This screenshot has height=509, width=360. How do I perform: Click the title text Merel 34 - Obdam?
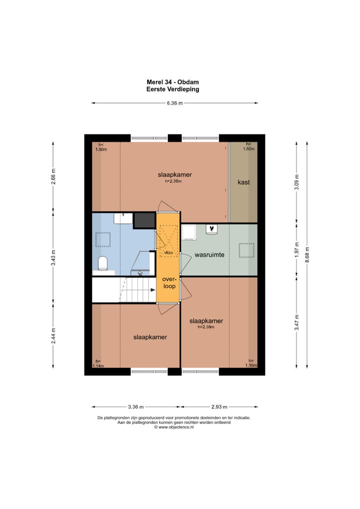point(172,82)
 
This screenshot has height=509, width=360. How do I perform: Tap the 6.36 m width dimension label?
point(174,103)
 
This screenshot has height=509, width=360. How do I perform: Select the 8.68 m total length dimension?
point(307,255)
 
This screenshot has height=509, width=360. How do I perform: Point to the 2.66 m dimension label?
point(53,176)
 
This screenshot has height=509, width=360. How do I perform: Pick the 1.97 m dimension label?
point(296,250)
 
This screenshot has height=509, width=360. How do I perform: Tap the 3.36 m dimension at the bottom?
point(135,406)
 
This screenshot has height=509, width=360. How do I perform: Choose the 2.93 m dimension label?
point(219,406)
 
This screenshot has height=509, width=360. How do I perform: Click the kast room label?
point(243,182)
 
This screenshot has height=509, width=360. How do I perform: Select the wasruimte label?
point(209,255)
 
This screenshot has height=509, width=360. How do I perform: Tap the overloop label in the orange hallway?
point(169,282)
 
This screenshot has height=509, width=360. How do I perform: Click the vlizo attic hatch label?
point(168,252)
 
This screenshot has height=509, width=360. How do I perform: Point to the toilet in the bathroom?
point(103,263)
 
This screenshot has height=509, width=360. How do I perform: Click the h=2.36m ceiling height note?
point(173,181)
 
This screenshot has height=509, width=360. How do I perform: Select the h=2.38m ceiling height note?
point(206,327)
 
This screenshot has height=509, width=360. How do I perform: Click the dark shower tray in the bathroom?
point(144,220)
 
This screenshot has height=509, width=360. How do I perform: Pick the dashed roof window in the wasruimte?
point(246,250)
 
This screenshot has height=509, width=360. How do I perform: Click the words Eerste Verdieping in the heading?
point(172,89)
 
